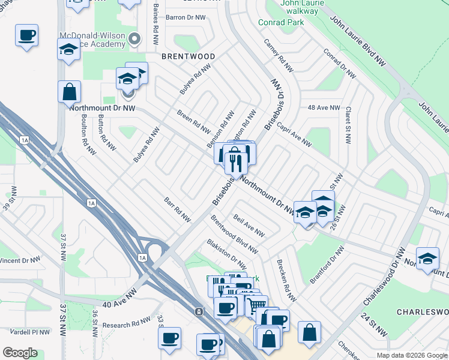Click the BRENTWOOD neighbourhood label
(188, 56)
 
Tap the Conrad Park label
(281, 22)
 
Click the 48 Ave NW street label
(324, 108)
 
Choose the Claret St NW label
(348, 125)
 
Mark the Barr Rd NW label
(177, 209)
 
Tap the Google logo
(20, 353)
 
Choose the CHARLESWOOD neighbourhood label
(423, 312)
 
